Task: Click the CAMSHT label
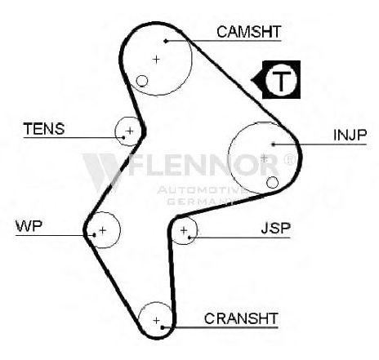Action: tap(248, 32)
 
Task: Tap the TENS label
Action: tap(44, 129)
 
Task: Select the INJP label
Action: tap(350, 135)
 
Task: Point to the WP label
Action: tap(29, 226)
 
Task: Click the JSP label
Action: tap(276, 228)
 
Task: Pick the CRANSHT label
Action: tap(241, 318)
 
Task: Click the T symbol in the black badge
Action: tap(281, 80)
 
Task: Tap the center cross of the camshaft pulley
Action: tap(156, 59)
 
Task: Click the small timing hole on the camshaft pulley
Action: tap(142, 81)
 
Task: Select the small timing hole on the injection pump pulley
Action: tap(272, 182)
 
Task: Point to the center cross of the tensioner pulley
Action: tap(130, 131)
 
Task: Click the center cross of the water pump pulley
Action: tap(102, 230)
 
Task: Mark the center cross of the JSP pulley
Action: tap(184, 230)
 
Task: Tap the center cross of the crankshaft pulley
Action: tap(156, 320)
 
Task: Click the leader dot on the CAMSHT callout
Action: tap(166, 41)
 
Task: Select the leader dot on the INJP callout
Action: tap(274, 144)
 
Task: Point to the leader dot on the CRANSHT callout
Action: tap(163, 327)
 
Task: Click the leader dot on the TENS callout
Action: tap(123, 137)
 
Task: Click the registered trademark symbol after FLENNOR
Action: tap(289, 160)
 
